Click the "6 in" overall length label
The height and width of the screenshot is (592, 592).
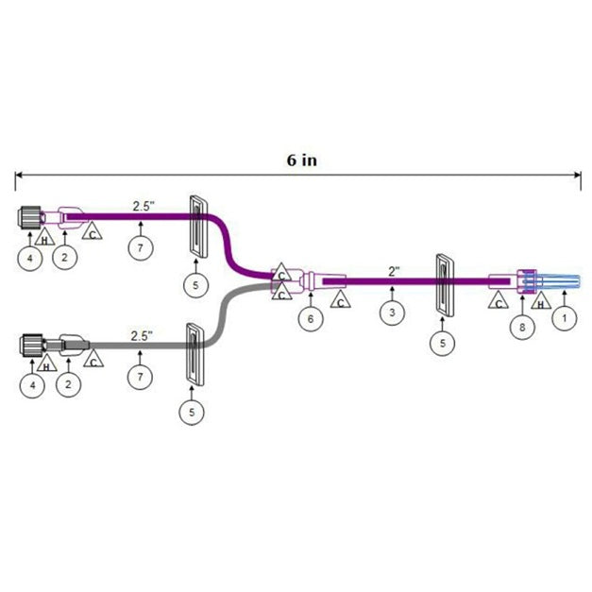[302, 160]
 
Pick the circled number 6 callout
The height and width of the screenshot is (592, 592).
[309, 319]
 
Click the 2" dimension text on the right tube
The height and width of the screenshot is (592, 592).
[394, 271]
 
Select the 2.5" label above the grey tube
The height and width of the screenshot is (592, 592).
[143, 334]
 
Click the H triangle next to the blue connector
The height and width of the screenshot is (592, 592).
[540, 302]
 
